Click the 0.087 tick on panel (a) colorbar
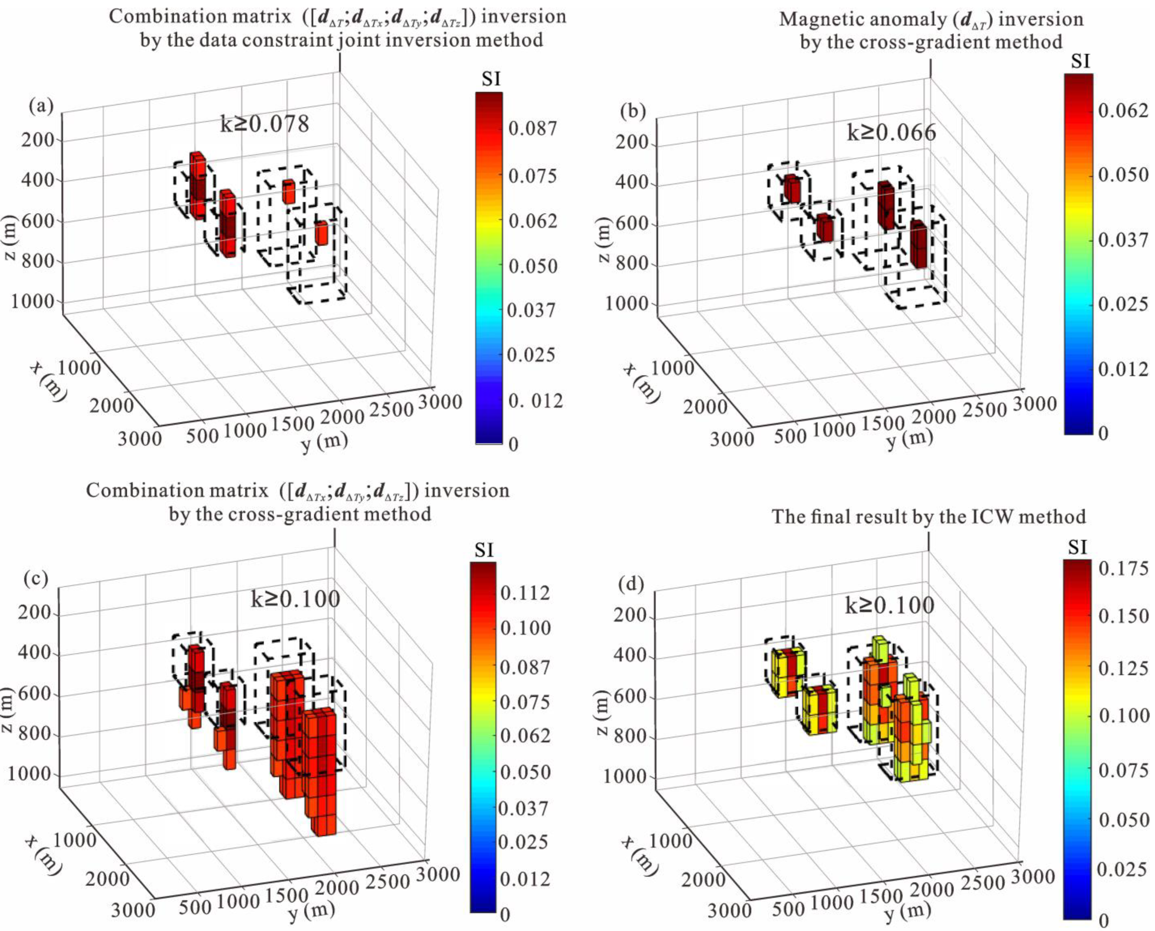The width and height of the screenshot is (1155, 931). pos(532,129)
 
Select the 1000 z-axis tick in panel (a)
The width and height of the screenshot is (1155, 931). pos(33,301)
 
